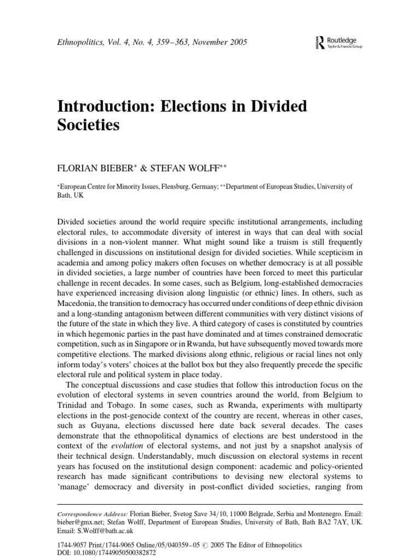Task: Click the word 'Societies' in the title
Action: pyautogui.click(x=88, y=126)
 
